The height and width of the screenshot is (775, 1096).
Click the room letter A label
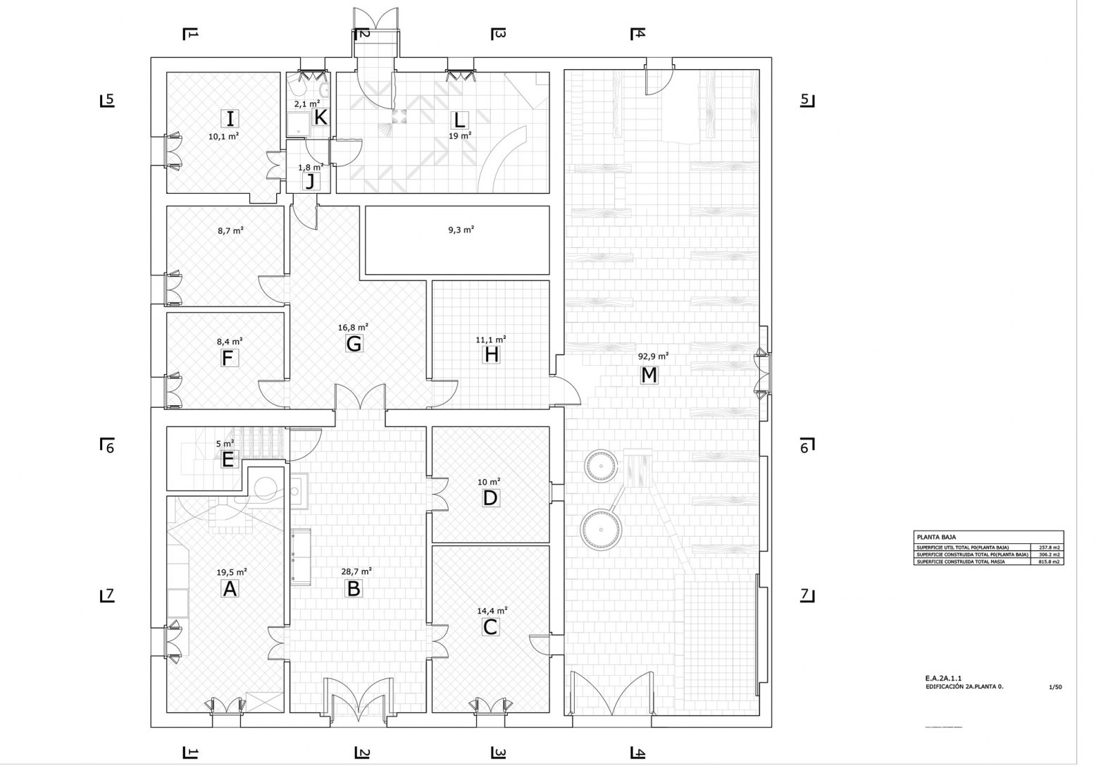point(229,588)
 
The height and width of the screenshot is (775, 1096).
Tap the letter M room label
point(649,376)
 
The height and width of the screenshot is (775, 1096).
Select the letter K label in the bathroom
point(320,117)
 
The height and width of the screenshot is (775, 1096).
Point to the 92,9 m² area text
point(654,356)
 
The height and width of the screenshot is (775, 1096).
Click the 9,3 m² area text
point(461,230)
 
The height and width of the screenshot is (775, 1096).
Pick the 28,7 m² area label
point(357,571)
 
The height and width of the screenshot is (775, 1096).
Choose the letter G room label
point(354,344)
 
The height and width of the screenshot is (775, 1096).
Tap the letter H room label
point(491,354)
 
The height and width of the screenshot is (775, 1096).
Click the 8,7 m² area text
point(230,230)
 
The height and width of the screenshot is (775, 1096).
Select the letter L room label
point(459,119)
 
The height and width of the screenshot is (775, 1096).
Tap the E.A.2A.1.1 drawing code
point(945,678)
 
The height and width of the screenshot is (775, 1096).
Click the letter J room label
point(310,182)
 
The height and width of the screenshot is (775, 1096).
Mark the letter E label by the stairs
point(228,460)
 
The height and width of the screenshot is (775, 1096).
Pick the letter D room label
point(490,498)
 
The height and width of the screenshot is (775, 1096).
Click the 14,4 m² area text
point(492,611)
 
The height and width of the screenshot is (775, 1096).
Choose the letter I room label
point(230,118)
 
